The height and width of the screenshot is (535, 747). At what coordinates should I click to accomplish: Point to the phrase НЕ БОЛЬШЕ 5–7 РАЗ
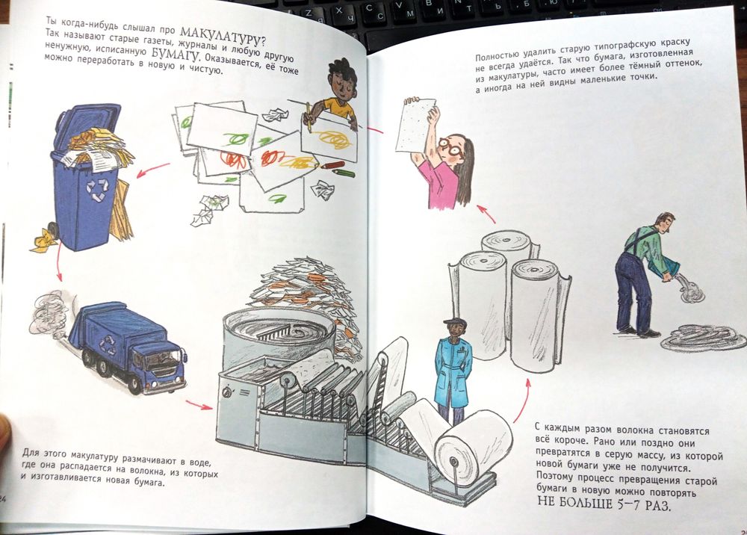(x=604, y=503)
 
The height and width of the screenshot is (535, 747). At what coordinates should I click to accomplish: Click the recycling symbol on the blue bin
(x=97, y=190)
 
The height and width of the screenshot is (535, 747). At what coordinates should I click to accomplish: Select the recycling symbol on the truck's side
(x=108, y=344)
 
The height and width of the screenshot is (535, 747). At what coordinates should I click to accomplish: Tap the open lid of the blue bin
(x=86, y=123)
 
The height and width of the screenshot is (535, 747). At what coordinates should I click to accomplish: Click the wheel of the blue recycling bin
(x=52, y=231)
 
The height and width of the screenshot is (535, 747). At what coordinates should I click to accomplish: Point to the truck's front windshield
(x=164, y=359)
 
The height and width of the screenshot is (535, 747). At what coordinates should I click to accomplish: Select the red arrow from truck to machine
(x=199, y=406)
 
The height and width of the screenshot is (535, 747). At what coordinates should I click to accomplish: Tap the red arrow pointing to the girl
(x=486, y=214)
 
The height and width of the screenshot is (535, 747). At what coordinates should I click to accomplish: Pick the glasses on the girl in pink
(x=449, y=146)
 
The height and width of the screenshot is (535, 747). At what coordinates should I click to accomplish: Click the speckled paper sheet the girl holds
(x=416, y=126)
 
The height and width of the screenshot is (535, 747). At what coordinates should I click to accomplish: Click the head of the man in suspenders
(x=665, y=222)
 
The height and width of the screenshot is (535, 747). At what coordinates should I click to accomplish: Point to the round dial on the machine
(x=227, y=392)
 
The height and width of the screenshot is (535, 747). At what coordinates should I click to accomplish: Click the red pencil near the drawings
(x=332, y=166)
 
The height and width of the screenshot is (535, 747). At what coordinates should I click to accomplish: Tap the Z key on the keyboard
(x=309, y=13)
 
